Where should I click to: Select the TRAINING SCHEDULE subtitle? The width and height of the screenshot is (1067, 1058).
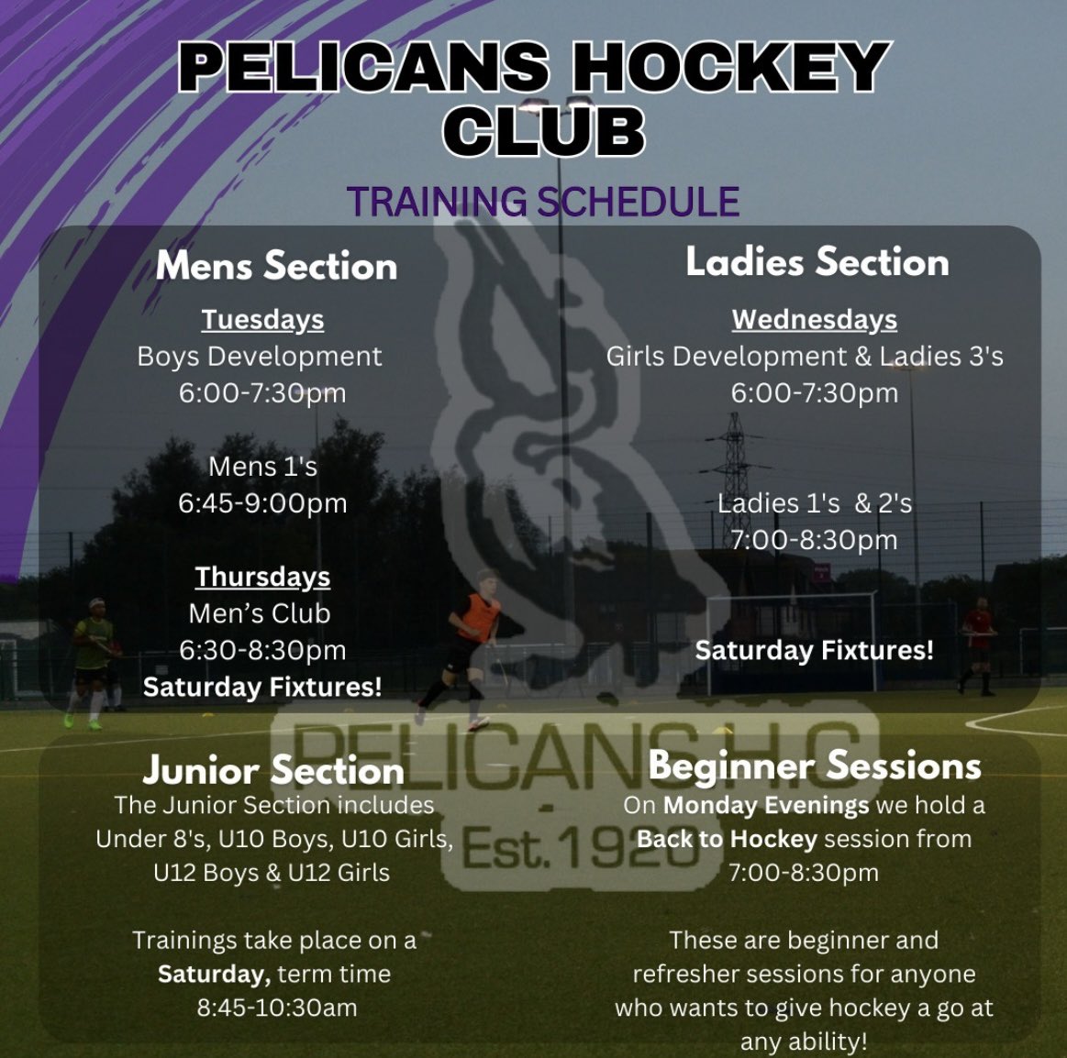tap(543, 202)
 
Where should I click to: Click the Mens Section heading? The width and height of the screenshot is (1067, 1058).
tap(276, 266)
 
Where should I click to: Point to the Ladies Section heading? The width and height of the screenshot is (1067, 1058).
tap(817, 262)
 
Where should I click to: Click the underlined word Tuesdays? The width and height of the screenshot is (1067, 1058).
tap(262, 319)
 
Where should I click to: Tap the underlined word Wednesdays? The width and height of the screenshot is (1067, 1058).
tap(814, 319)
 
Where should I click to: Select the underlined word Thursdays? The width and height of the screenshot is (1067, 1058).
tap(262, 577)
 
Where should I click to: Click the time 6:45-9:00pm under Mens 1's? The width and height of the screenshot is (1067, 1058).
tap(262, 502)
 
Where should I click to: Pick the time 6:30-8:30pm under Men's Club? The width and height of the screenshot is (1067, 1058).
tap(262, 650)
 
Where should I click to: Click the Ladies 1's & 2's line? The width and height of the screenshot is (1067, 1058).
tap(814, 503)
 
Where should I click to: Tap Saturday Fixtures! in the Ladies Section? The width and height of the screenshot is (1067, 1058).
tap(814, 650)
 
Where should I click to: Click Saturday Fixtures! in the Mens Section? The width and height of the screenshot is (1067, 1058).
tap(262, 687)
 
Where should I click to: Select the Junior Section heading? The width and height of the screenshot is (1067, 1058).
tap(273, 770)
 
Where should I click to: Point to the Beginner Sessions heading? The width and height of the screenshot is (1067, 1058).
tap(814, 766)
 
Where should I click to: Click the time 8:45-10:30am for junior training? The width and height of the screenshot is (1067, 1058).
tap(276, 1007)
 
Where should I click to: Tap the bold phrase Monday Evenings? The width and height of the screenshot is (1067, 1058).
tap(765, 806)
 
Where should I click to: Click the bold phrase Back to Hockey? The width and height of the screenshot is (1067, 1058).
tap(727, 839)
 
